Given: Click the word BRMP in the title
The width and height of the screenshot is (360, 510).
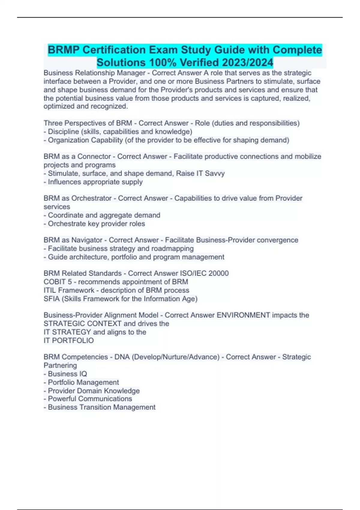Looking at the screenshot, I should (x=63, y=50).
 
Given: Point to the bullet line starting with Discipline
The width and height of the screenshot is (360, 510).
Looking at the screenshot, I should (x=120, y=132).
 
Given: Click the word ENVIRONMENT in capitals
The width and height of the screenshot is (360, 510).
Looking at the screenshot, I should (x=243, y=315).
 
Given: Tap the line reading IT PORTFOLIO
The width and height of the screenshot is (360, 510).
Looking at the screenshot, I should (x=69, y=341).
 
